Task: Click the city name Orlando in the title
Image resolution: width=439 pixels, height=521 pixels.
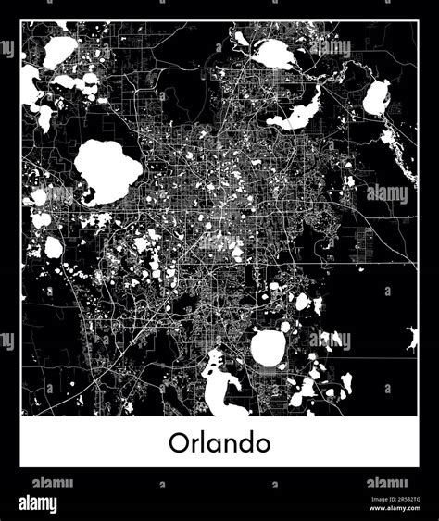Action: tap(219, 442)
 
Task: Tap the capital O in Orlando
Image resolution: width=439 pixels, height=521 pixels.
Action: tap(179, 442)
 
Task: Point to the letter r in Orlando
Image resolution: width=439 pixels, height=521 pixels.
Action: tap(193, 445)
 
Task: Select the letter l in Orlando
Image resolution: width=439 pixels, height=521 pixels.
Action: tap(201, 441)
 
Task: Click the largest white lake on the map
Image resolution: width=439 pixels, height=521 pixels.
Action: tap(107, 171)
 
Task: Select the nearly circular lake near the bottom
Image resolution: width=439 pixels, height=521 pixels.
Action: tap(268, 348)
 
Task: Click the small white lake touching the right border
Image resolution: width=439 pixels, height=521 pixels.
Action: tap(411, 339)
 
